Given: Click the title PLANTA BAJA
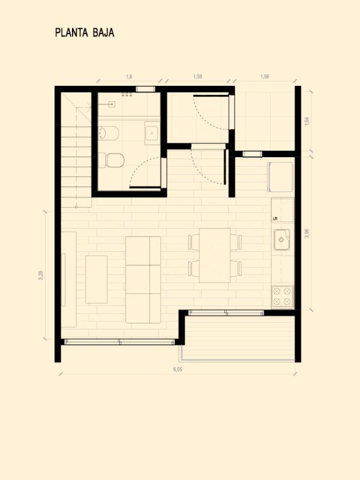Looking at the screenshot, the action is (85, 33).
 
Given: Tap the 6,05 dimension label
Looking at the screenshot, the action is (178, 369).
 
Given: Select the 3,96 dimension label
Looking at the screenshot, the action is (307, 233).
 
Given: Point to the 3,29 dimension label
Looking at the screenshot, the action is (41, 275).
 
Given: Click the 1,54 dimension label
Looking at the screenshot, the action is (307, 121).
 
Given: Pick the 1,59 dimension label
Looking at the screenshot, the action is (198, 77).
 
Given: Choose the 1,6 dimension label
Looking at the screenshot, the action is (129, 77).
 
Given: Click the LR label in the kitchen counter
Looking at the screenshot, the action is (275, 218).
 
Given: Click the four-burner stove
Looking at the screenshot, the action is (282, 296).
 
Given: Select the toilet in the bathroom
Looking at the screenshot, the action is (111, 160).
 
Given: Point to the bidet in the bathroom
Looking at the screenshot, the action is (109, 133).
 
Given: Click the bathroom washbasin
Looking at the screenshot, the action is (152, 133).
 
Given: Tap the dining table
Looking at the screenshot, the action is (215, 256).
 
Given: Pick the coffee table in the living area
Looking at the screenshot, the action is (97, 280).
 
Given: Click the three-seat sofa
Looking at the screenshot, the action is (143, 280).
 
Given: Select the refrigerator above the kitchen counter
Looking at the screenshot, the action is (281, 177).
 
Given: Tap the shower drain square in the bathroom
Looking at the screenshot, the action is (112, 104).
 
